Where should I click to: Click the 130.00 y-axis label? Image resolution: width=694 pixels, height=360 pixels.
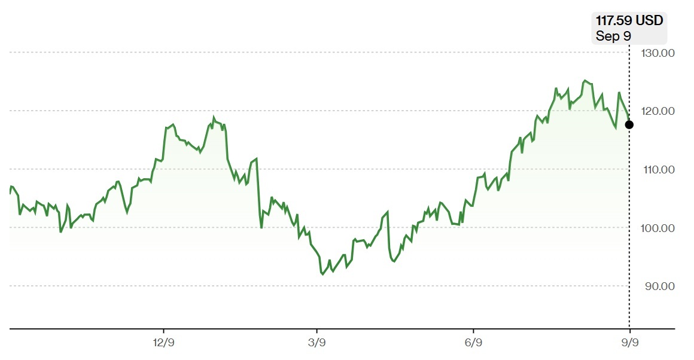click(658, 53)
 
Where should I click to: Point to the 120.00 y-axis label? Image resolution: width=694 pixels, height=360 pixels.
click(658, 111)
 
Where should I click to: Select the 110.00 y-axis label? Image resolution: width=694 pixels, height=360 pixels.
click(659, 169)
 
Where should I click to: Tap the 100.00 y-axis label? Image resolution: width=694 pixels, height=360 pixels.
click(658, 228)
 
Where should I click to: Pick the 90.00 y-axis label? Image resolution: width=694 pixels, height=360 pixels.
click(659, 286)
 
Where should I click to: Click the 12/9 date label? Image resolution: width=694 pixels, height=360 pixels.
click(164, 343)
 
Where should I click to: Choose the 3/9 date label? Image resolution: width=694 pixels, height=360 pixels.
click(317, 343)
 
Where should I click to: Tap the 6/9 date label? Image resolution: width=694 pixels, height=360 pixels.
click(474, 343)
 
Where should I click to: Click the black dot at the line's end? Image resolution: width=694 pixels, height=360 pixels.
click(629, 125)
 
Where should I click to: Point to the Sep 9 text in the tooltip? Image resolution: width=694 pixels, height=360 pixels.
click(613, 36)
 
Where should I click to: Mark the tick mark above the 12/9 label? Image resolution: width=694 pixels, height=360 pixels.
click(164, 331)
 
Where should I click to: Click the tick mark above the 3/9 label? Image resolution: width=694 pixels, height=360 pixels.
click(317, 331)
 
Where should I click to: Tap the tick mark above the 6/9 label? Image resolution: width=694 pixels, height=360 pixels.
click(474, 331)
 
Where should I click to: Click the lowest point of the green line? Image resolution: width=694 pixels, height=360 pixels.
click(322, 274)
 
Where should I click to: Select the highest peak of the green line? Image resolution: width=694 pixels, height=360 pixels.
click(585, 81)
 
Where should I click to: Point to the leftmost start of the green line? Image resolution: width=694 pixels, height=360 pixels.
click(10, 193)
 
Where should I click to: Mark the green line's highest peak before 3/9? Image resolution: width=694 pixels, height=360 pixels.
click(214, 118)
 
